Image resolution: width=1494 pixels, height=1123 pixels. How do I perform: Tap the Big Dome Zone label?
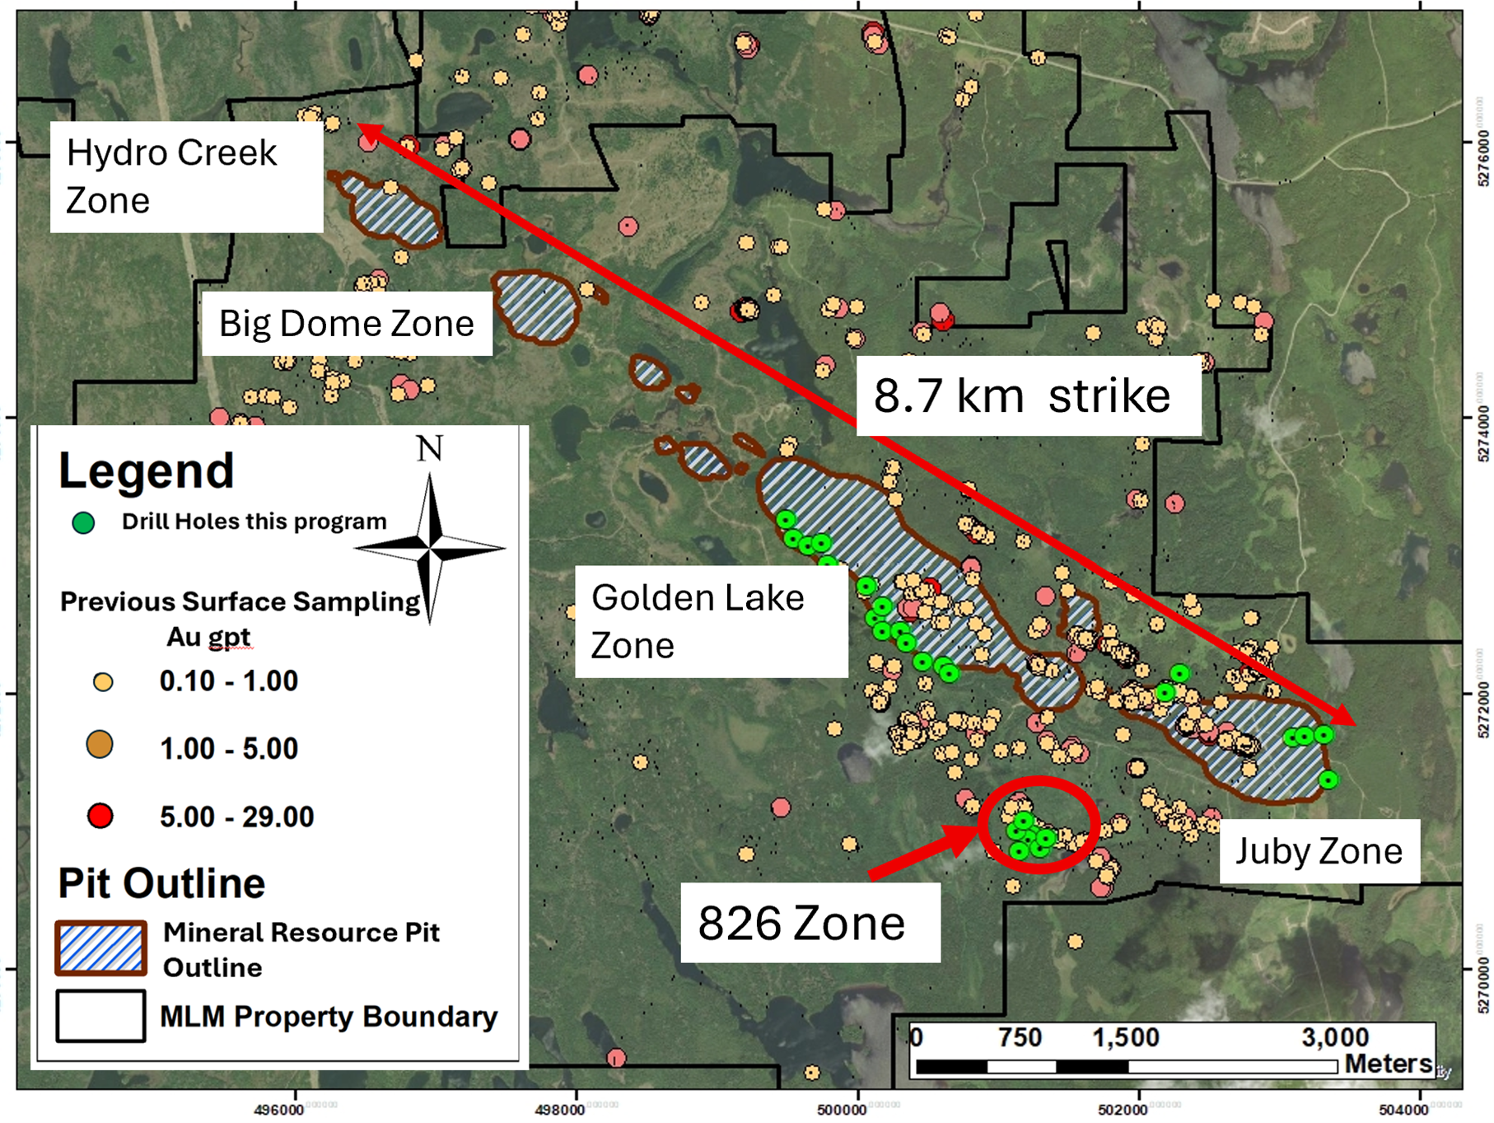pyautogui.click(x=346, y=323)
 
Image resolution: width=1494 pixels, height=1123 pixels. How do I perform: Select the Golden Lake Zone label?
pyautogui.click(x=698, y=620)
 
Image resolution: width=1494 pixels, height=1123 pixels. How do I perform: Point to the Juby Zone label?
pyautogui.click(x=1319, y=851)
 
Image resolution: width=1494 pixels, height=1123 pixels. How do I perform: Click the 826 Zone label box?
pyautogui.click(x=801, y=923)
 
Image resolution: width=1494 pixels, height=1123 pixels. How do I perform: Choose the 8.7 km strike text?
pyautogui.click(x=1021, y=395)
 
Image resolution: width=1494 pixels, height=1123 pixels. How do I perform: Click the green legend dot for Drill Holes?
pyautogui.click(x=83, y=522)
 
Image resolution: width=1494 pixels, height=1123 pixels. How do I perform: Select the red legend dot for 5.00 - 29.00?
pyautogui.click(x=100, y=817)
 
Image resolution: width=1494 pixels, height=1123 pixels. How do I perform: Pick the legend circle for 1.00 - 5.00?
pyautogui.click(x=100, y=745)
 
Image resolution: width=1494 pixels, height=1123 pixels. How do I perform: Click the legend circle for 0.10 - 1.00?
pyautogui.click(x=103, y=682)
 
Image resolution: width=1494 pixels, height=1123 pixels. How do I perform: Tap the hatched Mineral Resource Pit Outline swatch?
pyautogui.click(x=101, y=948)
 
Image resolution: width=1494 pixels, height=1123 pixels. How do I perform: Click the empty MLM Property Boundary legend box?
pyautogui.click(x=101, y=1016)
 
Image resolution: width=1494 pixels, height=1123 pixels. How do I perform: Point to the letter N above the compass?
pyautogui.click(x=429, y=449)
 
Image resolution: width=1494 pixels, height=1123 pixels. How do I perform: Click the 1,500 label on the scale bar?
pyautogui.click(x=1125, y=1037)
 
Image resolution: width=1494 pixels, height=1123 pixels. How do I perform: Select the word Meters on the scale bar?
pyautogui.click(x=1388, y=1064)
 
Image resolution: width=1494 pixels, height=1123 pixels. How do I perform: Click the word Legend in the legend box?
pyautogui.click(x=147, y=471)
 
